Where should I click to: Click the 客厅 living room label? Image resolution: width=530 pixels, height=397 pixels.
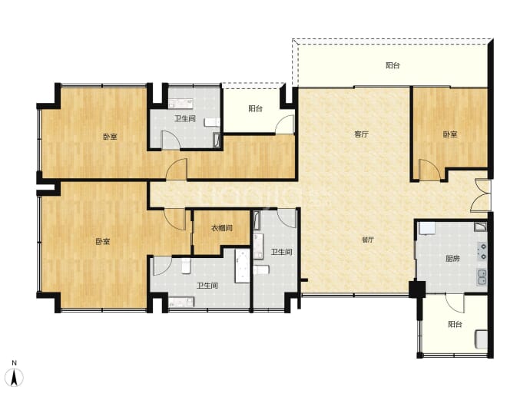(361, 134)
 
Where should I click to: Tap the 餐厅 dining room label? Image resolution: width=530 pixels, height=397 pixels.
(368, 240)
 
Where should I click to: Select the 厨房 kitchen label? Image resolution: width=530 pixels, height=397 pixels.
(452, 259)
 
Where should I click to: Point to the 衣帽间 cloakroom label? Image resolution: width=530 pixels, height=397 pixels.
(222, 228)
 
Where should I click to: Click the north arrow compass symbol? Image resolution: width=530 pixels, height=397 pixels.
(15, 377)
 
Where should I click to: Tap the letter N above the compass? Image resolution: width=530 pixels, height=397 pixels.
(14, 363)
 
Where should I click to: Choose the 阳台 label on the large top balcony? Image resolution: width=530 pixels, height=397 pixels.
(393, 65)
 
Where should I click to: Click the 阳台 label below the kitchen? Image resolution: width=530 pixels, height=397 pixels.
(455, 324)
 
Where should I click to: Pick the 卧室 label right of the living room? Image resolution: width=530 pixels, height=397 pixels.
(450, 134)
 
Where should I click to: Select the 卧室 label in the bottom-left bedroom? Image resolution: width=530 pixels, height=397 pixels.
(102, 242)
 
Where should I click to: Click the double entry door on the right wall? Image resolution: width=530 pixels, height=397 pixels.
(480, 196)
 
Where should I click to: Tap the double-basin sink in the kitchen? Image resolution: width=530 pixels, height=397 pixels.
(482, 277)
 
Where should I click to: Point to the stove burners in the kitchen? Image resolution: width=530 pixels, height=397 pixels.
(482, 251)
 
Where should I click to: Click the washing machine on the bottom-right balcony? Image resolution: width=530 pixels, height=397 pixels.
(481, 339)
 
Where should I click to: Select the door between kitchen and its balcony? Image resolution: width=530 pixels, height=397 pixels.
(455, 303)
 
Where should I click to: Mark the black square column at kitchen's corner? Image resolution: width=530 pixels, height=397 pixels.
(417, 289)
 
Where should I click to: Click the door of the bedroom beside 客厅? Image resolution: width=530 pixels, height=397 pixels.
(429, 170)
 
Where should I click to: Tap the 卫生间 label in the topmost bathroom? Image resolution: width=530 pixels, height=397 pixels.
(185, 118)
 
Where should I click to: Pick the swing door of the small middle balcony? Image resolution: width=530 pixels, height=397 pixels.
(285, 124)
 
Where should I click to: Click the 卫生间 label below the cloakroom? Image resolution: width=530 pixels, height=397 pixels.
(207, 286)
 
